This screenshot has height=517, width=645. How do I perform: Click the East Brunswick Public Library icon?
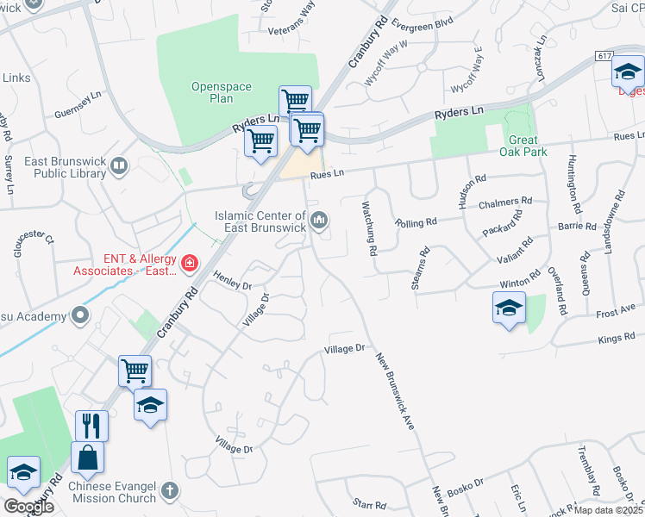(x=119, y=165)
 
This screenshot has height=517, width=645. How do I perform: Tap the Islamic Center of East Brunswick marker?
(x=319, y=221)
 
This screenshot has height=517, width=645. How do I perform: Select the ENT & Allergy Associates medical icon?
(x=188, y=261)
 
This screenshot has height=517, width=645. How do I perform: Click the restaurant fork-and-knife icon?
(x=90, y=425)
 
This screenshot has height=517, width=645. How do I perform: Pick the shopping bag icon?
(x=88, y=458)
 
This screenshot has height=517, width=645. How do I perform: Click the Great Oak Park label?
(x=523, y=146)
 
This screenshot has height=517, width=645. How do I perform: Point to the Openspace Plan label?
(x=212, y=92)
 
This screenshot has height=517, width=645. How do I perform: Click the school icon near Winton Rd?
(x=509, y=308)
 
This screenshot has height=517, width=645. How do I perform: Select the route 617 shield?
(x=603, y=55)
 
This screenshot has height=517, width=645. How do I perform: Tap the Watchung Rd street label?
(x=370, y=228)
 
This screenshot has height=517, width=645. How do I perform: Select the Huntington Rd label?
(x=573, y=184)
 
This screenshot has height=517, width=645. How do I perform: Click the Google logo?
(x=28, y=506)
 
